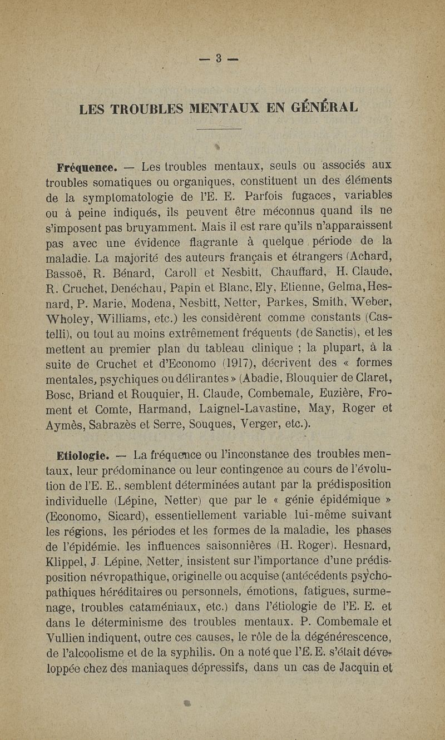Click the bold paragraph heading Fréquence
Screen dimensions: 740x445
[86, 166]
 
